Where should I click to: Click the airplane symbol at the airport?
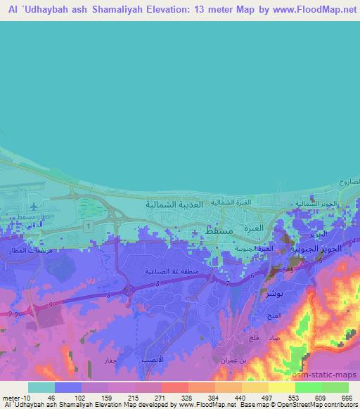click(x=33, y=206)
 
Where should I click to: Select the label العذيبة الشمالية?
click(x=173, y=204)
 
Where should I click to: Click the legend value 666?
click(x=345, y=398)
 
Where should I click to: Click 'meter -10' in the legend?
click(x=14, y=398)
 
